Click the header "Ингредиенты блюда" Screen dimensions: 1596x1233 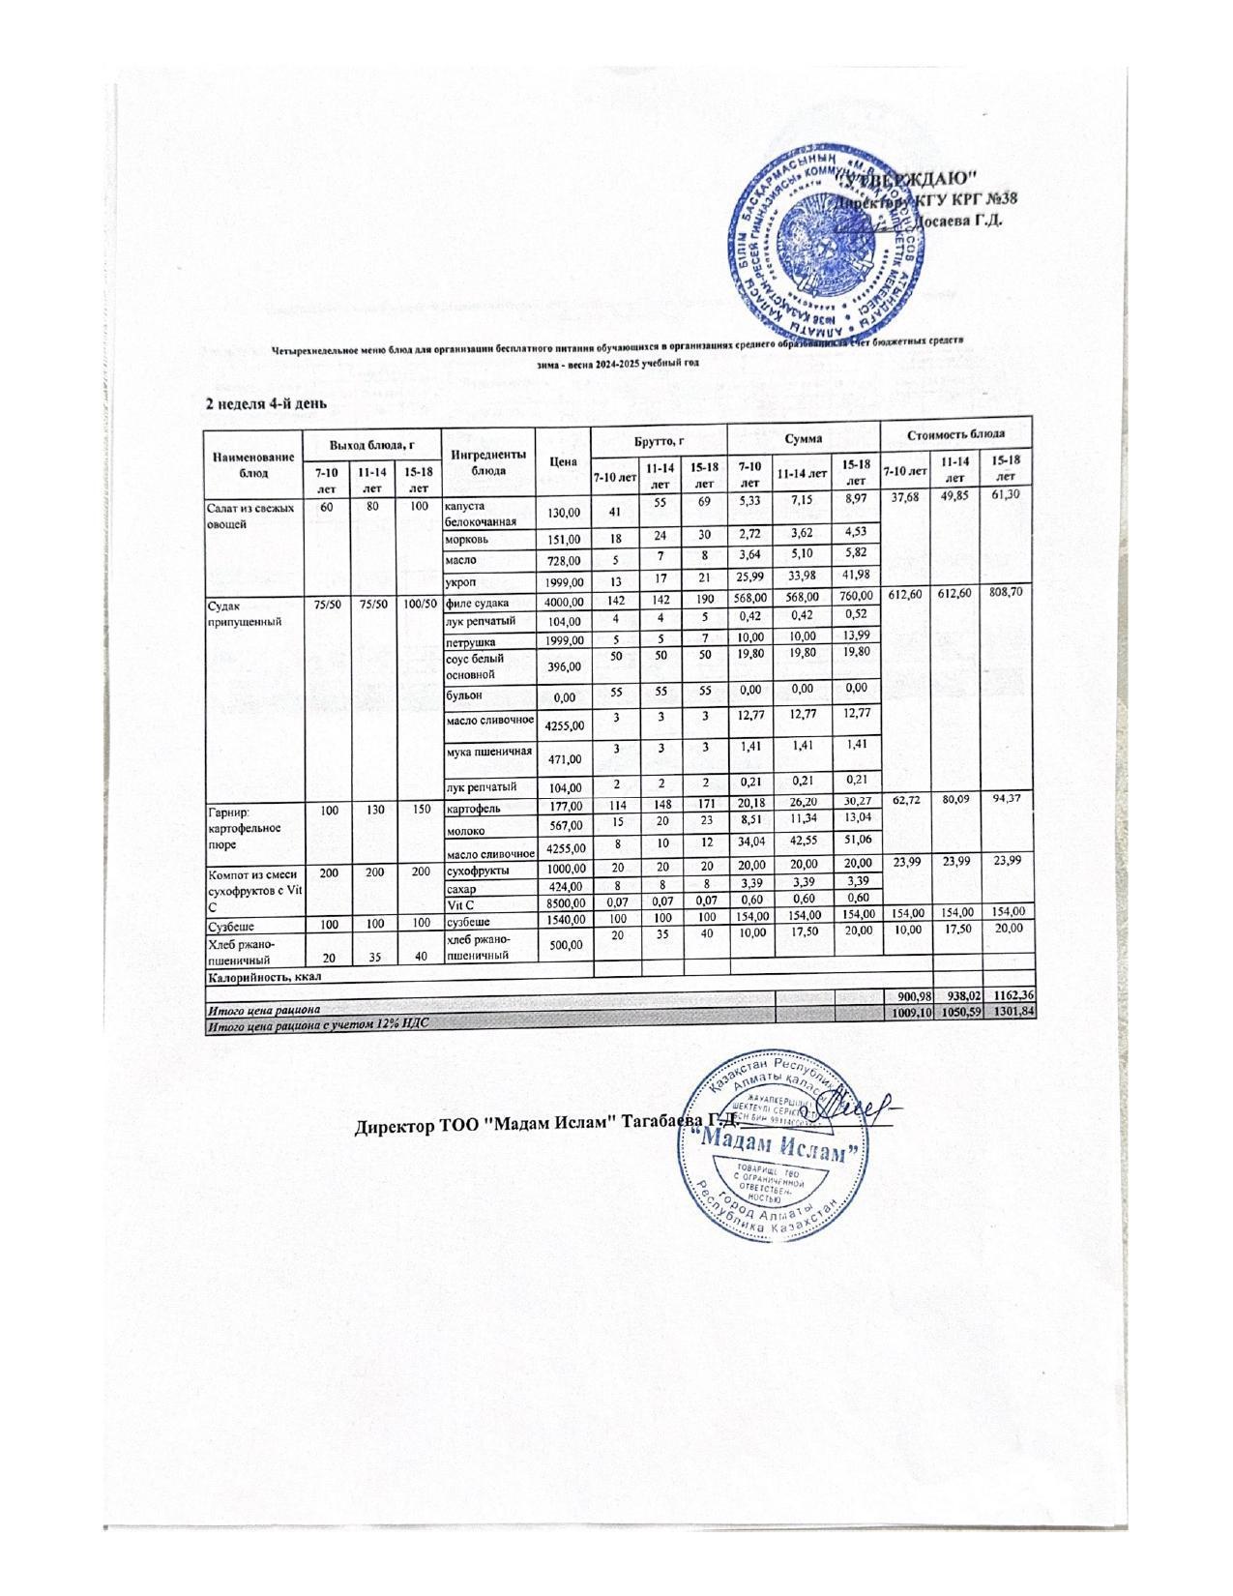487,461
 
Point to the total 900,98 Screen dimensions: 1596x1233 906,996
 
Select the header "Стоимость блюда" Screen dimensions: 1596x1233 956,434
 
